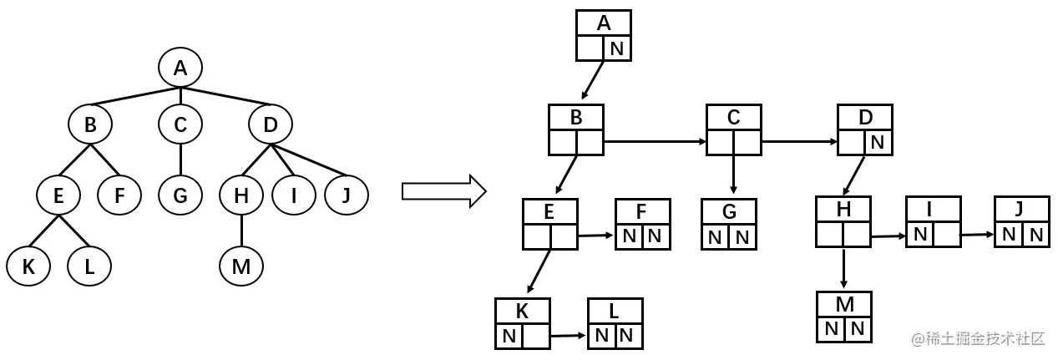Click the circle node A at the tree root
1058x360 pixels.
click(x=180, y=68)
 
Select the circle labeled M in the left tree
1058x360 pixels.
click(x=240, y=266)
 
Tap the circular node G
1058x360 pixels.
click(x=180, y=195)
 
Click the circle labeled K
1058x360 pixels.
click(x=28, y=266)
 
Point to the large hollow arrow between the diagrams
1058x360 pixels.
click(x=443, y=190)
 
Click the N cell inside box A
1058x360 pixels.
click(x=617, y=48)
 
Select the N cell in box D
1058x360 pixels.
click(x=878, y=142)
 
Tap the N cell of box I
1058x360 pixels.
click(x=920, y=235)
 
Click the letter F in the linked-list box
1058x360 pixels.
click(x=642, y=212)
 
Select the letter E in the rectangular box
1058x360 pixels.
click(x=549, y=212)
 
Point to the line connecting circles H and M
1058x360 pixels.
click(x=240, y=231)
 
